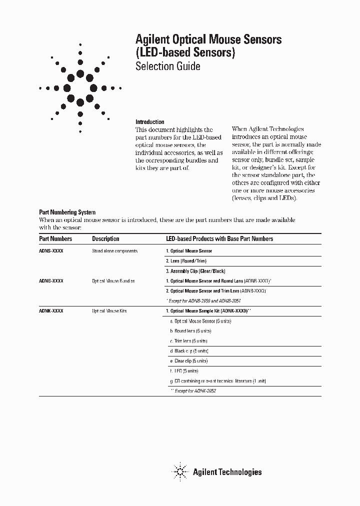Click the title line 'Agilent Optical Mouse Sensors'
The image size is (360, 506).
pos(208,39)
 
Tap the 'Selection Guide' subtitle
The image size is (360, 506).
pos(168,66)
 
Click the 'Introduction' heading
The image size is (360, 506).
pos(150,122)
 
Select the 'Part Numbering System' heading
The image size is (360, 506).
pos(67,212)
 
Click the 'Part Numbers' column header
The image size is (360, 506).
pos(55,239)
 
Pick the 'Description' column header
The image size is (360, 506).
pos(105,239)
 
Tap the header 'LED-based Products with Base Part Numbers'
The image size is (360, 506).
pos(219,239)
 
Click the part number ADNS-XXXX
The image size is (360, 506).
pos(51,251)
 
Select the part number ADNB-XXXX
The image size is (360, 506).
pos(51,281)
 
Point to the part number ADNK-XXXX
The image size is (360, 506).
pos(51,311)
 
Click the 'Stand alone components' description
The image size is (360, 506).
pos(114,251)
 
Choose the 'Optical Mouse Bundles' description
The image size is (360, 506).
pos(113,281)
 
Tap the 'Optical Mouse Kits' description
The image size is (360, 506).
pos(109,311)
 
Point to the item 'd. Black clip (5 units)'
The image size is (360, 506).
pos(189,351)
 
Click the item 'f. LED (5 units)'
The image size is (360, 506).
pos(184,371)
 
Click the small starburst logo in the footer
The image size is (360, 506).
pos(180,471)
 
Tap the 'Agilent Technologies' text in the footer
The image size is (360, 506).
pos(227,471)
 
